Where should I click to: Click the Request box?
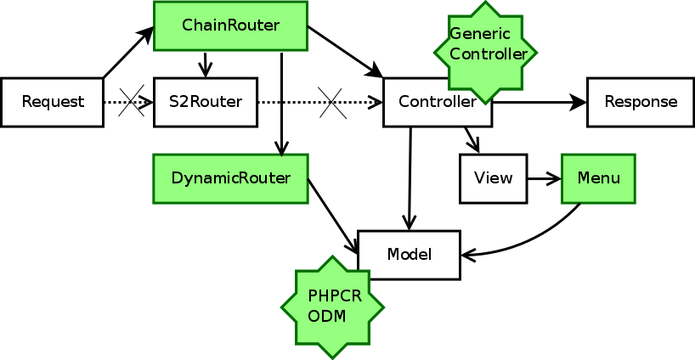point(53,103)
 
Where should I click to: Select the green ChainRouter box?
point(230,26)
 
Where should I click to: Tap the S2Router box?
point(205,103)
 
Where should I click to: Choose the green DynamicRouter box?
point(230,178)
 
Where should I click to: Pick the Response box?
point(641,103)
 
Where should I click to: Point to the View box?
point(493,178)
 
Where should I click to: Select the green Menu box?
point(598,178)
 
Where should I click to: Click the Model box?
point(410,255)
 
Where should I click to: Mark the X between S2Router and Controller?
point(332,103)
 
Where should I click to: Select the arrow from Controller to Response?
point(540,103)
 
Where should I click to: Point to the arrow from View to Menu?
point(544,178)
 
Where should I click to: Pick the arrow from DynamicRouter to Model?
point(332,216)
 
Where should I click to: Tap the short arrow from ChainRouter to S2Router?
point(205,65)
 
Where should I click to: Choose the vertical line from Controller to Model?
point(410,178)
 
